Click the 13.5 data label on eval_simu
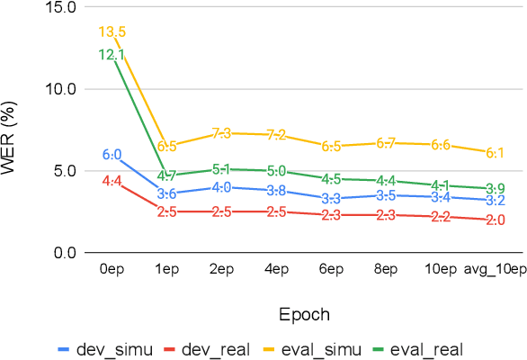112,32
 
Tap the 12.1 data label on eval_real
112,55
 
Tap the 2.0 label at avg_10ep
496,220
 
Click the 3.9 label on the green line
496,188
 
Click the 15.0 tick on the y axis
59,7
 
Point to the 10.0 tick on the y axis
59,89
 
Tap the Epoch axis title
303,315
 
